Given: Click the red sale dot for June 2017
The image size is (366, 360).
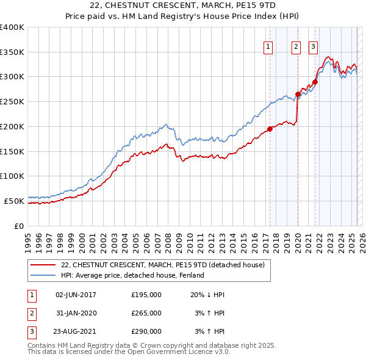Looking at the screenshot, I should (270, 129).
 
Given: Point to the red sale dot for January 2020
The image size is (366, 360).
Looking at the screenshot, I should (298, 94).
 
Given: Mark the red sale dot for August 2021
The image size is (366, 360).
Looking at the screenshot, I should (315, 82).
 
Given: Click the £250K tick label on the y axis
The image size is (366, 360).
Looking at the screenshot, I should (12, 101).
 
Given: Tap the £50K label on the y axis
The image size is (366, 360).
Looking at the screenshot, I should (15, 200).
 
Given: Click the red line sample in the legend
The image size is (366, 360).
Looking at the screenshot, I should (43, 265).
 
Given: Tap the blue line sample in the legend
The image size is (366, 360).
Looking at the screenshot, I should (43, 275).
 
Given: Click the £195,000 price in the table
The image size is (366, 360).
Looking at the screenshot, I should (146, 295).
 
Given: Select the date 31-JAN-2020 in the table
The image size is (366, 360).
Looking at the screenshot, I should (76, 313).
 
